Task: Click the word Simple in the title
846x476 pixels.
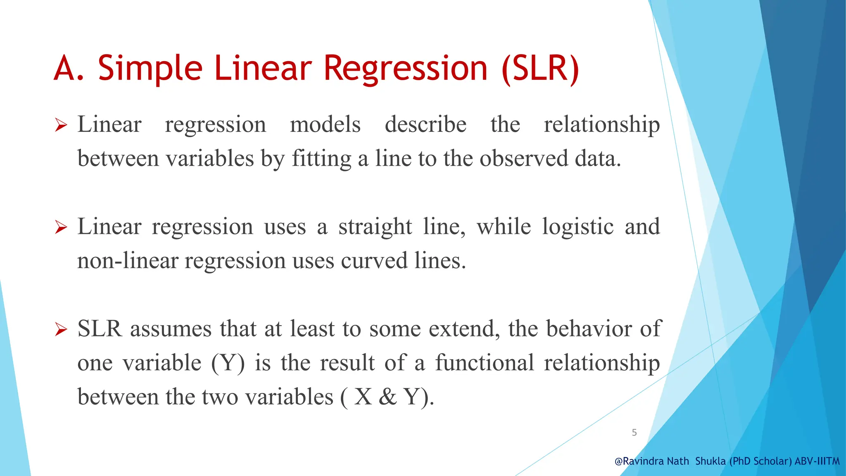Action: tap(150, 68)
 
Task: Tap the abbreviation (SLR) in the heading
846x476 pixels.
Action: tap(541, 68)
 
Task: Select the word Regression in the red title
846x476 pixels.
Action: tap(405, 68)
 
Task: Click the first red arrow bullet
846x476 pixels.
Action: tap(61, 125)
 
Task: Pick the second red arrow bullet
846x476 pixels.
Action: tap(61, 227)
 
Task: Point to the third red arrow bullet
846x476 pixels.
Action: tap(61, 329)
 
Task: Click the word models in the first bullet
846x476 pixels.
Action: tap(325, 124)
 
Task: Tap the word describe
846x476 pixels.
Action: tap(425, 124)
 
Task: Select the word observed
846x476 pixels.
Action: tap(524, 159)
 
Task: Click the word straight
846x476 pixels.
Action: tap(375, 227)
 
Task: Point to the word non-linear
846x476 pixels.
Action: tap(127, 261)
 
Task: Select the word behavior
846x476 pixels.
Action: tap(589, 329)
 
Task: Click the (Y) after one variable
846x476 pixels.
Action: tap(228, 363)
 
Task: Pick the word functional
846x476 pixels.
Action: tap(485, 363)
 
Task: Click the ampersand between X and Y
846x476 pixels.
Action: tap(387, 397)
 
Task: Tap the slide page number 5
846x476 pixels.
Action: tap(634, 433)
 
